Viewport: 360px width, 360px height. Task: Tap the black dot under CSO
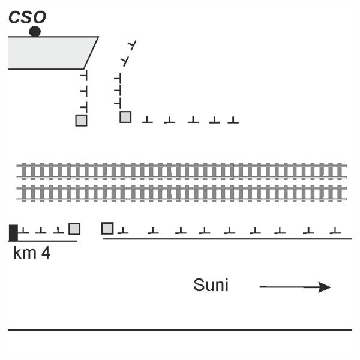coord(35,31)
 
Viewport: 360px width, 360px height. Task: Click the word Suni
coord(211,286)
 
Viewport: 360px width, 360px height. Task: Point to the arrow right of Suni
coord(295,287)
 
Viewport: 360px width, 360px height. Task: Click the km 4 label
coord(31,253)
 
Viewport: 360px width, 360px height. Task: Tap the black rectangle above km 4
coord(13,231)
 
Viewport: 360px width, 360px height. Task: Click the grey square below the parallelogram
coord(81,120)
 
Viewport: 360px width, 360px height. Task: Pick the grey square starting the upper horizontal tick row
coord(125,117)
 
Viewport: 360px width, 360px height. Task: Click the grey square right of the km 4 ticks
coord(74,229)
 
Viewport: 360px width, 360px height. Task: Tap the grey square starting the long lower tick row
coord(107,228)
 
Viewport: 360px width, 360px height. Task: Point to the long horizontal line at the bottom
coord(180,329)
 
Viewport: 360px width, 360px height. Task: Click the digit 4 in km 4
coord(46,253)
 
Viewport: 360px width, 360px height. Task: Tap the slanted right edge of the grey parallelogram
coord(91,53)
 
